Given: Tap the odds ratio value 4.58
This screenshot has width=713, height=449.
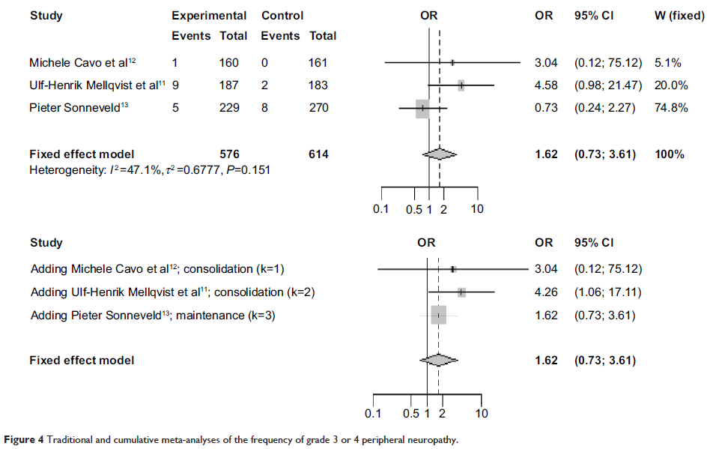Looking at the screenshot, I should pyautogui.click(x=546, y=85).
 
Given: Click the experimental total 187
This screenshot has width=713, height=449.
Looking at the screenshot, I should pyautogui.click(x=229, y=85).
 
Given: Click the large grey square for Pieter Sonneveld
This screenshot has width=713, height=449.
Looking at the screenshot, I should pyautogui.click(x=422, y=108).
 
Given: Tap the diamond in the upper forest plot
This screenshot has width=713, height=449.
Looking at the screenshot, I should pyautogui.click(x=439, y=154).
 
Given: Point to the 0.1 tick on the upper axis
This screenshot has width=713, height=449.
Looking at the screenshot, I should pyautogui.click(x=380, y=209).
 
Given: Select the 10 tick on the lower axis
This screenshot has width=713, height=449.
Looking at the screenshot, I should pyautogui.click(x=482, y=414).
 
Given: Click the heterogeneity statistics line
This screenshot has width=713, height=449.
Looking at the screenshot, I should pyautogui.click(x=150, y=169).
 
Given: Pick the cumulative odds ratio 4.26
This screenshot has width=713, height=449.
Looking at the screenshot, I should pyautogui.click(x=546, y=292).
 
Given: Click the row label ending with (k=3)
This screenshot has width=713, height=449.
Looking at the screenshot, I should pyautogui.click(x=153, y=316).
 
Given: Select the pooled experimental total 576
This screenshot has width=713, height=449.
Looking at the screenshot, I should pyautogui.click(x=229, y=154).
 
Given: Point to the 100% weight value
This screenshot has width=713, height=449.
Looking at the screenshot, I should pyautogui.click(x=669, y=154).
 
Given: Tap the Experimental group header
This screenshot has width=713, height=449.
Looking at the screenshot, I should pyautogui.click(x=209, y=16).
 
